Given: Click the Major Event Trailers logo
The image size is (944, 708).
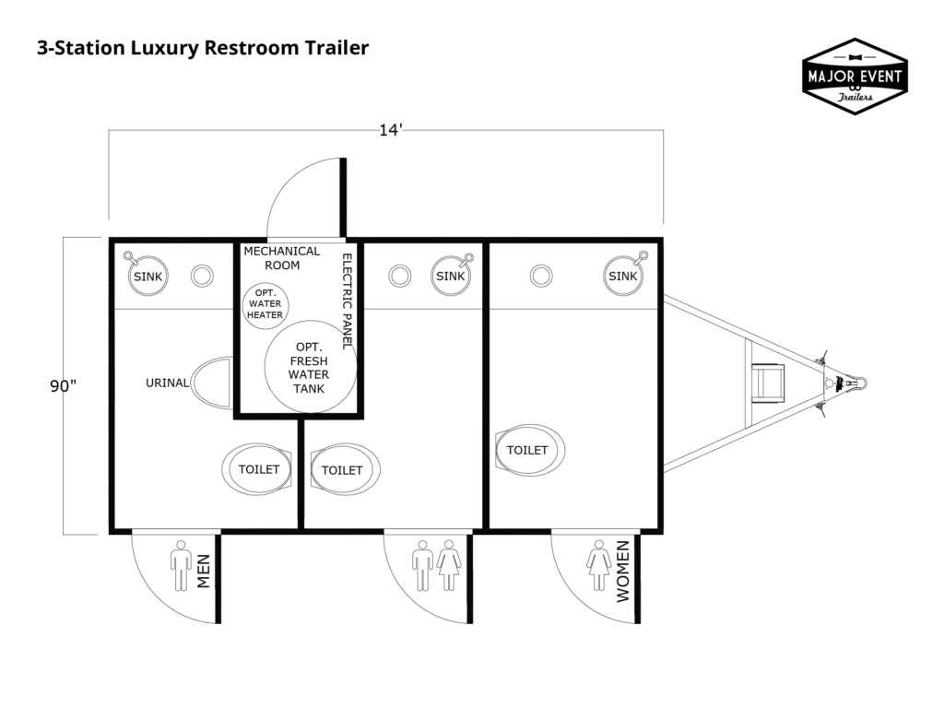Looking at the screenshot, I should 855,77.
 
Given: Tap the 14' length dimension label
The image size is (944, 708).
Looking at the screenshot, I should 391,130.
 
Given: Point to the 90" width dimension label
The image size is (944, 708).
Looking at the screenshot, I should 63,386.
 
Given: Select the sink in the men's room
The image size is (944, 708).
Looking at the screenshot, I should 147,276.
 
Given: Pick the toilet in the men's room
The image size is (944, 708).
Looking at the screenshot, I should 258,469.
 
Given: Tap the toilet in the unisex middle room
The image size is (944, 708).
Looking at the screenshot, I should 343,470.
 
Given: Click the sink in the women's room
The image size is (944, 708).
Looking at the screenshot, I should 622,276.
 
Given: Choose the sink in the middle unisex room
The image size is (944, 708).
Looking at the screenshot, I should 450,276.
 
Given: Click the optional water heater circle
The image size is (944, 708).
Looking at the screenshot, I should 265,304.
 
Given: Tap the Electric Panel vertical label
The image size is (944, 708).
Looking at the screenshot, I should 348,301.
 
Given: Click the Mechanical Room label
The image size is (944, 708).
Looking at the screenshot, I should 281,257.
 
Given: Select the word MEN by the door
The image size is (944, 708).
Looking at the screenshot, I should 205,572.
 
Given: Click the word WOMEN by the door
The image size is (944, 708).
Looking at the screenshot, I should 622,572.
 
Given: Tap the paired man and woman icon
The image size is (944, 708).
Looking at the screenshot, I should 436,565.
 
